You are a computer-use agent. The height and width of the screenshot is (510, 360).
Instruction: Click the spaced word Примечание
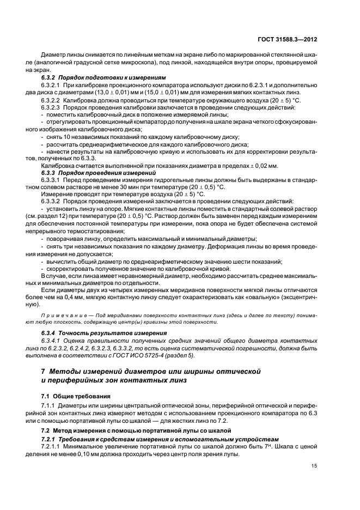coord(61,316)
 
